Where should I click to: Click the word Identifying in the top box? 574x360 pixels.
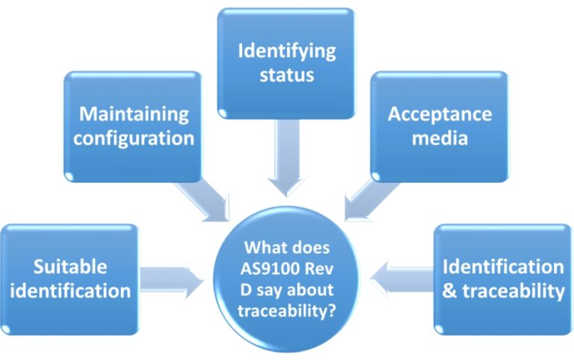[x=286, y=52]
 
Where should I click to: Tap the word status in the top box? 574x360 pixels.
[x=286, y=75]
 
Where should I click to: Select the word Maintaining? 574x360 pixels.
[x=135, y=114]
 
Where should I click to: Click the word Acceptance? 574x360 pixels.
[x=439, y=114]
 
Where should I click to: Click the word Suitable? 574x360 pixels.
[x=70, y=267]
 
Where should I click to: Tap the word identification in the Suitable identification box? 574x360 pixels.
[x=70, y=290]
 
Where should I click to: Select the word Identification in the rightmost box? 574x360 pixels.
[x=503, y=267]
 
